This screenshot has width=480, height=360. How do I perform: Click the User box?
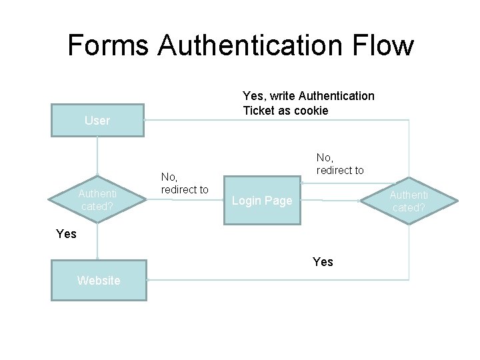point(97,121)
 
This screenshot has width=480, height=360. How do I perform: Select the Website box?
point(99,281)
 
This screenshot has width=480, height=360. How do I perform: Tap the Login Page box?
point(261,201)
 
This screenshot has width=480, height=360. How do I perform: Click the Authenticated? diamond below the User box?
point(97,200)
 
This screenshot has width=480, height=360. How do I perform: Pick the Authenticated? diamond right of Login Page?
point(409,201)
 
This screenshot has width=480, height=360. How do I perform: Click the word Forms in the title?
point(108,45)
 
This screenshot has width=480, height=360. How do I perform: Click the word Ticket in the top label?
point(259,111)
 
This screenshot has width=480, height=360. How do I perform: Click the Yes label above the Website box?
point(67,233)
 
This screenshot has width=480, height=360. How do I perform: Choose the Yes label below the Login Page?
point(323,261)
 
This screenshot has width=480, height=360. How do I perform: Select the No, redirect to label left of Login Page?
point(185,183)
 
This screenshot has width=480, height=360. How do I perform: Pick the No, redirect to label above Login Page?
point(340,164)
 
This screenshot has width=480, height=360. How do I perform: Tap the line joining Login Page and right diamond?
point(330,199)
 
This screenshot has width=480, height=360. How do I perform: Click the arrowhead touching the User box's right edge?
point(146,120)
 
